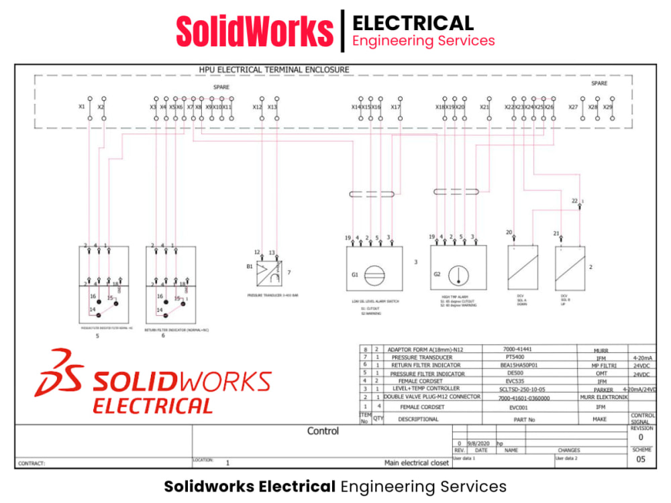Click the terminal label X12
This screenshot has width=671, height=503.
click(x=257, y=107)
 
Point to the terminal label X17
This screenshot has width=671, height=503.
click(x=396, y=107)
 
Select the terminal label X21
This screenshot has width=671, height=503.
click(x=484, y=107)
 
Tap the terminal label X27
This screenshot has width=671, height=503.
click(x=573, y=107)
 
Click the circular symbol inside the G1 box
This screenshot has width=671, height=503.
click(x=375, y=274)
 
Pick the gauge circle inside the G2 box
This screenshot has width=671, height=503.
click(x=458, y=274)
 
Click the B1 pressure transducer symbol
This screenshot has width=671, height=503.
click(x=271, y=272)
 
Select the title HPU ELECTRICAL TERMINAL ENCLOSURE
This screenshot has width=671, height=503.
click(x=274, y=70)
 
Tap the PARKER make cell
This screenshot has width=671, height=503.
click(x=603, y=389)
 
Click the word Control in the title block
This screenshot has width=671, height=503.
click(x=323, y=431)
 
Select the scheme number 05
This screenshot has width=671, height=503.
click(x=641, y=459)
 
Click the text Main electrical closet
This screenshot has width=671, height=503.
click(x=416, y=463)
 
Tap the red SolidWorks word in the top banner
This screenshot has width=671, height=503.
click(x=254, y=31)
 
